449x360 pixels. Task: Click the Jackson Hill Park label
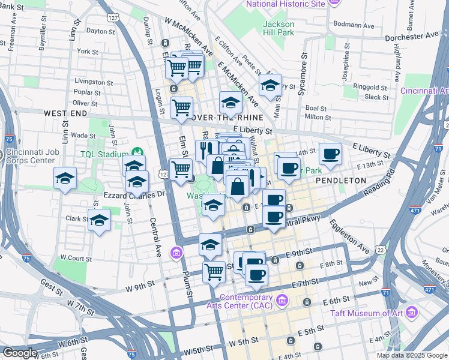coord(279,28)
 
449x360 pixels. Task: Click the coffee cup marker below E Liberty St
coord(330,154)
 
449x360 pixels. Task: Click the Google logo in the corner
coord(20,353)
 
